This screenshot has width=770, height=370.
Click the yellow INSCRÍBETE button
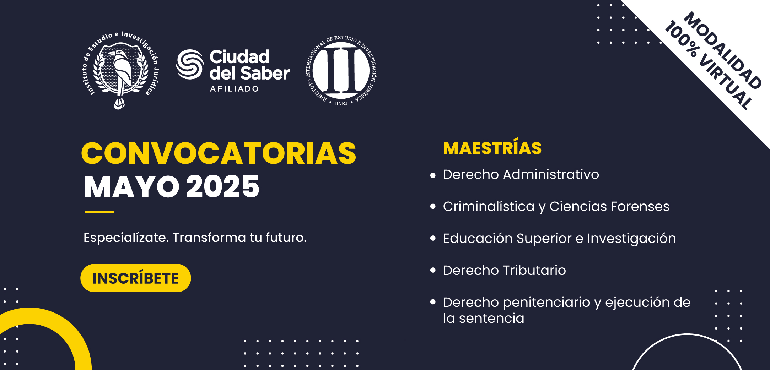pos(135,278)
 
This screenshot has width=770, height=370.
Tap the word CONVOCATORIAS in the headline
pos(219,153)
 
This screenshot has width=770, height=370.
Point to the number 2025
pos(223,186)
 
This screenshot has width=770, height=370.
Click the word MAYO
pos(131,187)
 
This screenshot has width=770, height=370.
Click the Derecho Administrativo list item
pos(521,174)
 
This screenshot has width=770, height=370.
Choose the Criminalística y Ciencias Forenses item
pos(556,207)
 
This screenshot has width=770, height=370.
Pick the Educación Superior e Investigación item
pos(559,239)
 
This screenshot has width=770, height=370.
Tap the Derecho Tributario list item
pos(504,270)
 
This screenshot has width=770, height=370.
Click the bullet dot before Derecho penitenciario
pos(433,302)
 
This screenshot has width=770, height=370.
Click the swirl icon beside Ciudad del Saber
pos(190,64)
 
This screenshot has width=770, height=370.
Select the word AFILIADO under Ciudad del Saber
pos(234,89)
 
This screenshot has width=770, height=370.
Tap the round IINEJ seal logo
pos(341,71)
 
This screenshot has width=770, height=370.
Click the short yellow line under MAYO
pos(99,212)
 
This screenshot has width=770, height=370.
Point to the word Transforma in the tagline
pos(209,238)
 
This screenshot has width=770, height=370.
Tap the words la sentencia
pos(484,318)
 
